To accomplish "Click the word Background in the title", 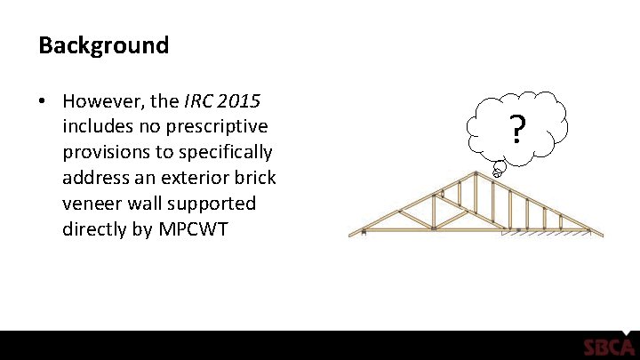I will pos(103,45).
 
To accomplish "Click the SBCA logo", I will pos(608,348).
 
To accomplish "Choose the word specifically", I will pos(225,151).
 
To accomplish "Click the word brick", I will pos(253,177).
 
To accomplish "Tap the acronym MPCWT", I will pos(193,229).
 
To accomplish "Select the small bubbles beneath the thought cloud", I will pos(499,168).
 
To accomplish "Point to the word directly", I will pos(98,229).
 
